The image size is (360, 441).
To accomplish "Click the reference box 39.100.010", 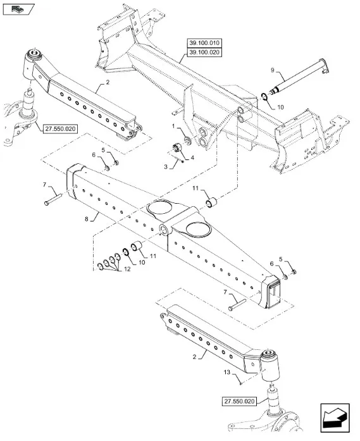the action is (204, 43).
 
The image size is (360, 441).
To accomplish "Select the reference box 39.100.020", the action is (204, 53).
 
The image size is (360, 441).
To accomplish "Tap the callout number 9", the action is (272, 70).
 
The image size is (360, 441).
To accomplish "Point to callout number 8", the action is (86, 219).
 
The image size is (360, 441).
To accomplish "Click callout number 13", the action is (227, 372).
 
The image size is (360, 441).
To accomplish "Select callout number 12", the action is (127, 269).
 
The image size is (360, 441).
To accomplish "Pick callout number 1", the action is (173, 127).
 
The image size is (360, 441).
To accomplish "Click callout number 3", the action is (166, 167).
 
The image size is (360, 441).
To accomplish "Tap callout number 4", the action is (192, 158).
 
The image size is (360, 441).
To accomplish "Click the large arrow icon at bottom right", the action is (335, 418).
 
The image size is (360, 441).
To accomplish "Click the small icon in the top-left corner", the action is (18, 9).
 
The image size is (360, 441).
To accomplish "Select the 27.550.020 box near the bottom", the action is (239, 401).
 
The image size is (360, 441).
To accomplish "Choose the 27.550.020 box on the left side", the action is (61, 129).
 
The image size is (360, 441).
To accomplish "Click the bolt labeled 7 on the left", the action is (53, 199).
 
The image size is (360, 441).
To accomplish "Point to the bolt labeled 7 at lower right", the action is (238, 305).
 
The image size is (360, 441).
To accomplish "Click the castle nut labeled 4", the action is (177, 147).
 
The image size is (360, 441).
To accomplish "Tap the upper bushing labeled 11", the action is (212, 202).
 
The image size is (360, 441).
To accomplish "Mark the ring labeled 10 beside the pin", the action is (264, 96).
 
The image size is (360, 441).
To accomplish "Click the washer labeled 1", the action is (187, 140).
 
